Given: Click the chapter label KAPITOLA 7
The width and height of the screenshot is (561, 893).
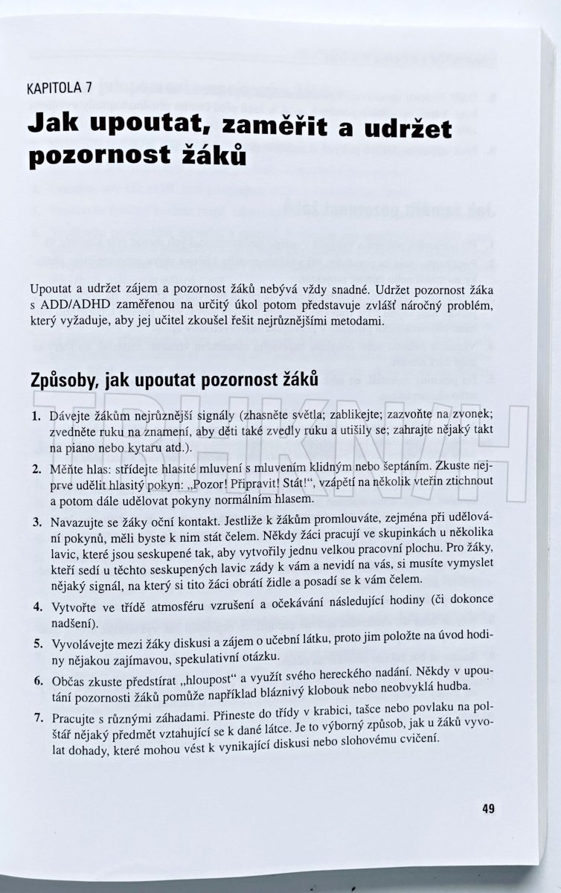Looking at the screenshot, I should click(60, 88).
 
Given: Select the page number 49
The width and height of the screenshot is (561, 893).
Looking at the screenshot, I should click(488, 810).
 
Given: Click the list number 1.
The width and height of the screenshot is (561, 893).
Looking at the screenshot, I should click(36, 416).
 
